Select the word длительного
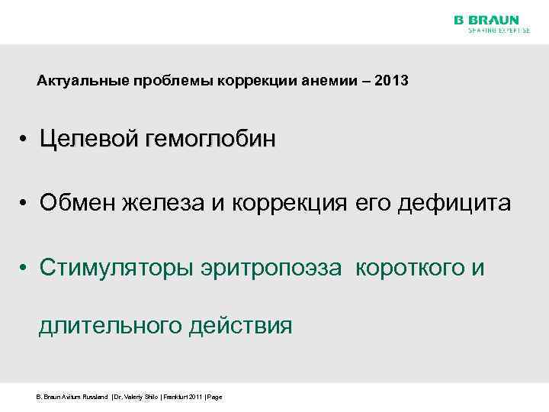click(108, 327)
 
